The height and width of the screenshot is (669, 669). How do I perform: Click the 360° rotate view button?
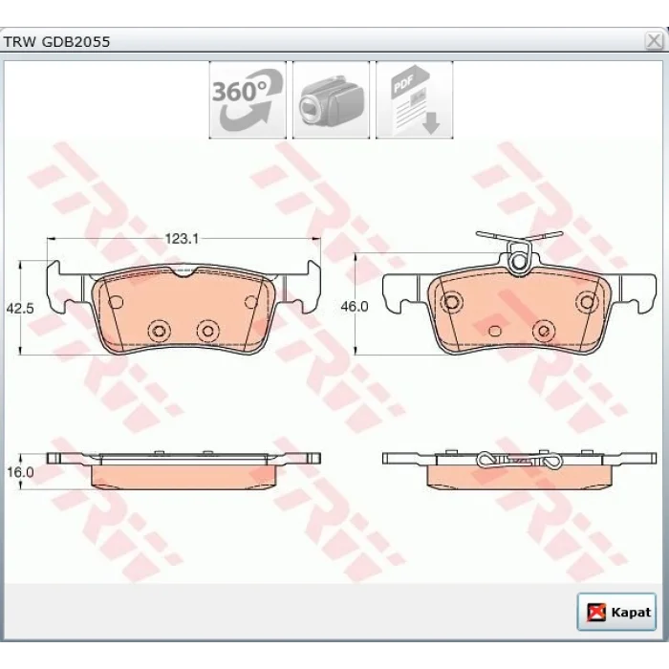point(248,99)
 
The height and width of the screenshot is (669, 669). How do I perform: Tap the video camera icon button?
point(331,99)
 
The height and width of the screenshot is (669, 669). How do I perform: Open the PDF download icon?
point(414,99)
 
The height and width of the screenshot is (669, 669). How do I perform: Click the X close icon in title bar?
point(654,41)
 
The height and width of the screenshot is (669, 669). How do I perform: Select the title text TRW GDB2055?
point(56,42)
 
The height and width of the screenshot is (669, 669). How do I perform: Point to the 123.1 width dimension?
point(183,239)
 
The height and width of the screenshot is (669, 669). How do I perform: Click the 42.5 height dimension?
point(20,308)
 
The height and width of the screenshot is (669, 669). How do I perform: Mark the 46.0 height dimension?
point(355,307)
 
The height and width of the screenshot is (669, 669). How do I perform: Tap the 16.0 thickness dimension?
point(20,472)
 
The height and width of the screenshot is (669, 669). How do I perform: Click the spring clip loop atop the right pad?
point(519,261)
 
